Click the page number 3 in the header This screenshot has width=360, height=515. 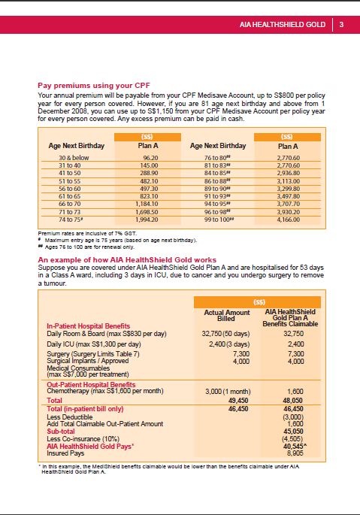click(341, 24)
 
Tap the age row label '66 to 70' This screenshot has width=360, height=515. click(69, 203)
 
